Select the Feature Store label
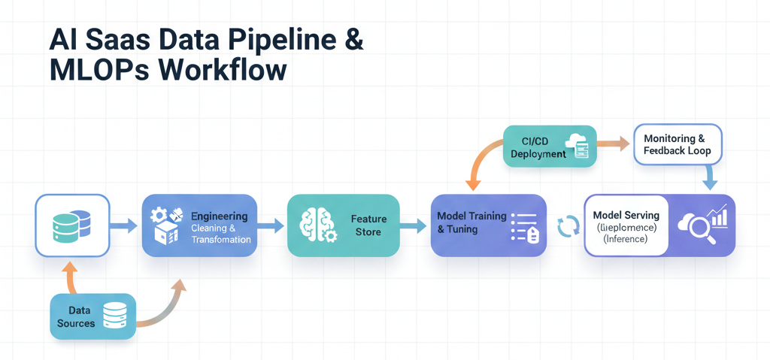(368, 225)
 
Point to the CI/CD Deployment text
(538, 147)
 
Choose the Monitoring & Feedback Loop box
(674, 144)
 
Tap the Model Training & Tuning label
(471, 222)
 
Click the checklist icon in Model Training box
(524, 225)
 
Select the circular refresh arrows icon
(566, 226)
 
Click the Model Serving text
(626, 216)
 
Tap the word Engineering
(219, 216)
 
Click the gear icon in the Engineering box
(159, 216)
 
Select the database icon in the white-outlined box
(72, 225)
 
